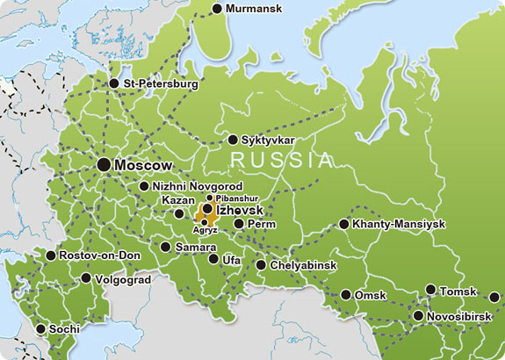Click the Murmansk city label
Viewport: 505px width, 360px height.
255,9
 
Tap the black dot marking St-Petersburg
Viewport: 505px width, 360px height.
114,83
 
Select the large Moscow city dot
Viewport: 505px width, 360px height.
105,164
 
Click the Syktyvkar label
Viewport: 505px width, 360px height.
267,140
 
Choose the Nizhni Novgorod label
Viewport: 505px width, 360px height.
197,186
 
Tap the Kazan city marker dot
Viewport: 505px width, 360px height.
180,213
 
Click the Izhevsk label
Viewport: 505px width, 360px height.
240,211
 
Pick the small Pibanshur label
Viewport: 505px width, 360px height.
234,199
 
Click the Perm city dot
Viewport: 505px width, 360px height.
239,224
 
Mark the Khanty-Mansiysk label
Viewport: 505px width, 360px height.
398,224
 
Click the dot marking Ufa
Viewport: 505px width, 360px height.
213,259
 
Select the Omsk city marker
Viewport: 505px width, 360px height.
345,295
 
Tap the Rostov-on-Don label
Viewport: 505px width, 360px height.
99,256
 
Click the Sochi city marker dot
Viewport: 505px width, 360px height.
40,329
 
